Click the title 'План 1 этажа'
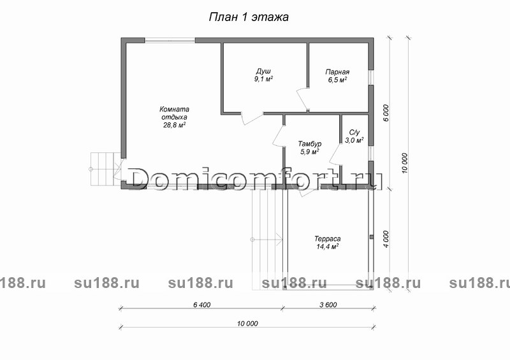(249, 17)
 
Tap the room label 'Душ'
(263, 71)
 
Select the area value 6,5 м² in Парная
(337, 80)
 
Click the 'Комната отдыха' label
(174, 113)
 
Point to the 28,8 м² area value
(174, 125)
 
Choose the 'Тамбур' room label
(310, 144)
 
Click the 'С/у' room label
(354, 133)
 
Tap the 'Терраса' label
(328, 239)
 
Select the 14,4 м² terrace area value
(328, 247)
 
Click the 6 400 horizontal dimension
(201, 305)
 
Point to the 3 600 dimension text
(328, 305)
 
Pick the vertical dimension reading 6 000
(386, 113)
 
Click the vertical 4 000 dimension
(386, 240)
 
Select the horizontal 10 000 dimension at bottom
(247, 324)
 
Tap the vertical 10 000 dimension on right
(405, 163)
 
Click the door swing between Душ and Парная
(302, 99)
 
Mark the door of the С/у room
(335, 155)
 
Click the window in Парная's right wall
(371, 77)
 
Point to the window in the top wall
(170, 40)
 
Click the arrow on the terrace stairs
(266, 240)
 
